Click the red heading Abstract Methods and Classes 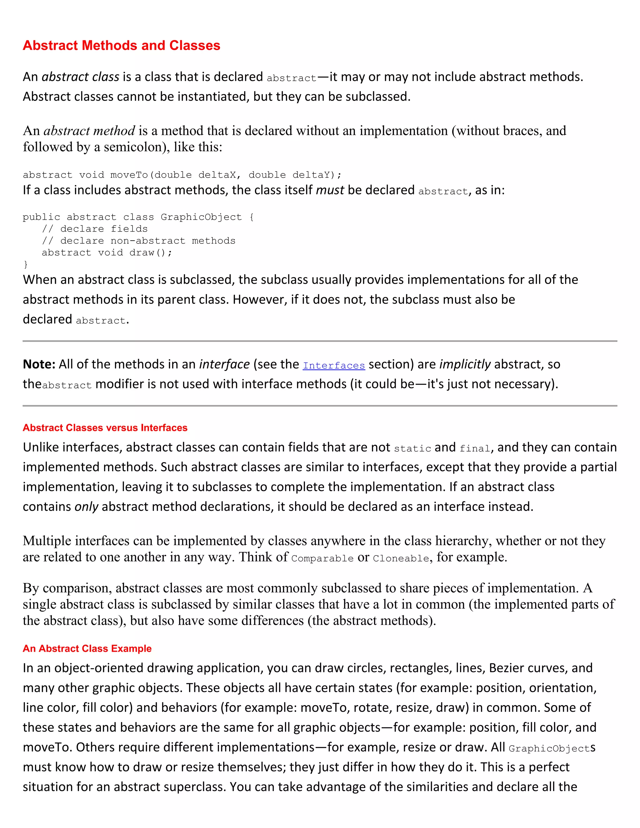121,46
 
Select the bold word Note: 39,364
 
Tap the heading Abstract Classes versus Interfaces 105,428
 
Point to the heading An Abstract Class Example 87,648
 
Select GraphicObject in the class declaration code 201,217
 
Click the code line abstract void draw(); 107,252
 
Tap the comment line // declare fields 94,229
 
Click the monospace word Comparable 322,558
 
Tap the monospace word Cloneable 401,558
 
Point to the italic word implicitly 465,364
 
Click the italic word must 330,190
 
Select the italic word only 87,507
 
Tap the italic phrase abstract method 89,131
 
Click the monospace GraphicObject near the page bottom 549,749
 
